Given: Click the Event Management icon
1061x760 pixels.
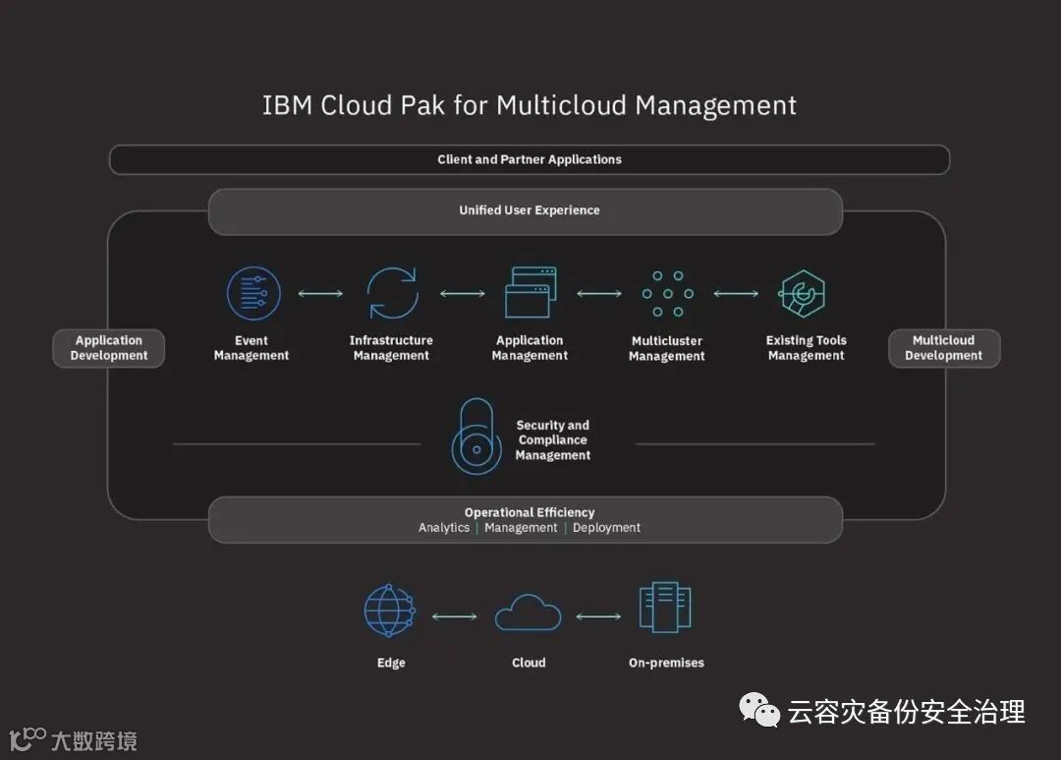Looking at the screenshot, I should click(253, 294).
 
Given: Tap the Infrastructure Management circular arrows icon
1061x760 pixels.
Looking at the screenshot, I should click(392, 294).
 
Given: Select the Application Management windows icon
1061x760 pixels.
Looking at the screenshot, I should click(530, 293).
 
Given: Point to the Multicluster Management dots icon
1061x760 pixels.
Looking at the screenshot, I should click(668, 294).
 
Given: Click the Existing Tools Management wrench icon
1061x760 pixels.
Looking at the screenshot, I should click(803, 294).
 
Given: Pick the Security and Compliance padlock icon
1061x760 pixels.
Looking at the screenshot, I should click(475, 438).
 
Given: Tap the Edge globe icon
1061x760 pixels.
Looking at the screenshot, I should click(390, 612).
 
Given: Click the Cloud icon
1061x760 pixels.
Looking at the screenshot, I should click(529, 614).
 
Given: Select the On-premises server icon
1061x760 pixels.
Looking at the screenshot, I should click(665, 608).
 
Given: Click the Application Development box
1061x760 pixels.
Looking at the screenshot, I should click(109, 348).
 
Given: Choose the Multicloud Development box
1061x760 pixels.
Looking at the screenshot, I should click(944, 348).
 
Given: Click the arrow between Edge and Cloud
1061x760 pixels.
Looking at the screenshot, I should click(454, 616).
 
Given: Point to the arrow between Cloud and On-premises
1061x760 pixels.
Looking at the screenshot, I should click(598, 616).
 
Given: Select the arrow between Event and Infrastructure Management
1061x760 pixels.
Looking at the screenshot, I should click(320, 293).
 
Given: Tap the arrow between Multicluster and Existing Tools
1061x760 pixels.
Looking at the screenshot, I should click(736, 293).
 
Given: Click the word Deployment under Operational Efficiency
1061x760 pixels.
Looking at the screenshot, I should click(606, 528).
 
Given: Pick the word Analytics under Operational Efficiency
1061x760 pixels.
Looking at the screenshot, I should click(444, 528).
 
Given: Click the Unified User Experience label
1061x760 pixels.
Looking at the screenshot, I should click(530, 210).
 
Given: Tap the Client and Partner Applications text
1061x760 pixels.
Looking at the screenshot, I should click(530, 159).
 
